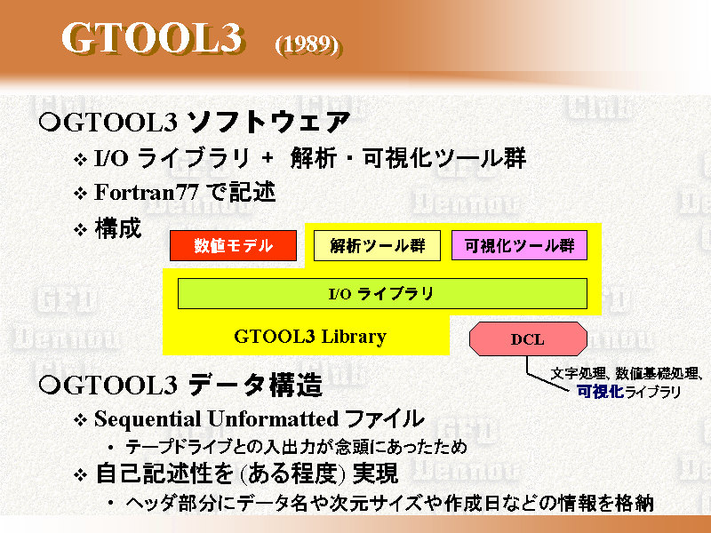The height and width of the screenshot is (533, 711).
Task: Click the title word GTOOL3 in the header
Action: [x=153, y=38]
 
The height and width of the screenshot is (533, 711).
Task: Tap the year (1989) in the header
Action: [x=308, y=45]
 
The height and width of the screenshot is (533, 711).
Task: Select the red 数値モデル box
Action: [x=233, y=245]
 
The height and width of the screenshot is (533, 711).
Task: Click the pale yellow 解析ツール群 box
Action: [x=377, y=245]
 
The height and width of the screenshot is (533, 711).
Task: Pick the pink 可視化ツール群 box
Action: [x=519, y=245]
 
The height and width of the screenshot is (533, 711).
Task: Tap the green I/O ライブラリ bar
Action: [x=382, y=294]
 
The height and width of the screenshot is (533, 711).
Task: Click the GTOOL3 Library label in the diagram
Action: [x=310, y=337]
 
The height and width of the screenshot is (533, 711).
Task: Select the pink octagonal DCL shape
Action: [x=528, y=339]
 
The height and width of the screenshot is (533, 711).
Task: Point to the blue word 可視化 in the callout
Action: [x=600, y=392]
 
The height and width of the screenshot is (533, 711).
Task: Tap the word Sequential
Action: [x=148, y=419]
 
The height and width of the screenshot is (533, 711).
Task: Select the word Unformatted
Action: [x=273, y=418]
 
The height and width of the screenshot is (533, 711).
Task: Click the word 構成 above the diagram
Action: [x=118, y=228]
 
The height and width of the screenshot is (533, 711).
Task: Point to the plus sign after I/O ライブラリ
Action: [x=268, y=158]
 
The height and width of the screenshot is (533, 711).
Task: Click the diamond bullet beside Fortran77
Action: [x=80, y=194]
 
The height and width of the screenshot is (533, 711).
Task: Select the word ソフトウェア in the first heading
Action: [x=268, y=122]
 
